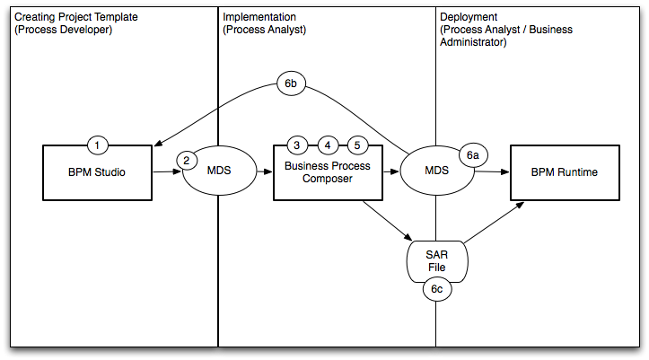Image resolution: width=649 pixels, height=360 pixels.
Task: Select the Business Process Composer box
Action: [x=329, y=173]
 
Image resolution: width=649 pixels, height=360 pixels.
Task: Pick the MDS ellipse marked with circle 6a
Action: [x=436, y=171]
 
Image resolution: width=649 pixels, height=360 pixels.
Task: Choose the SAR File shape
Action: [x=436, y=260]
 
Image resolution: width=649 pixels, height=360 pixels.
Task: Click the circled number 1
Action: [x=99, y=145]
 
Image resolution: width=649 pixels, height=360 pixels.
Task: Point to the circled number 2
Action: [x=186, y=161]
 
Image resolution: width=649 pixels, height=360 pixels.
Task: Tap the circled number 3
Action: [x=296, y=145]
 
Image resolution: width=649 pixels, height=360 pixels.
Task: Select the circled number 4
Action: [x=328, y=145]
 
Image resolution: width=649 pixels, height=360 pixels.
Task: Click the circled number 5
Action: [x=357, y=145]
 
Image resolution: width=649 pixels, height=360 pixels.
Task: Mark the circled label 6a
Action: [x=474, y=155]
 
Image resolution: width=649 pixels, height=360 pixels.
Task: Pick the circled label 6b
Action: [x=291, y=84]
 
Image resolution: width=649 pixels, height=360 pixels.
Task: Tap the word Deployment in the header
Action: [x=469, y=17]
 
